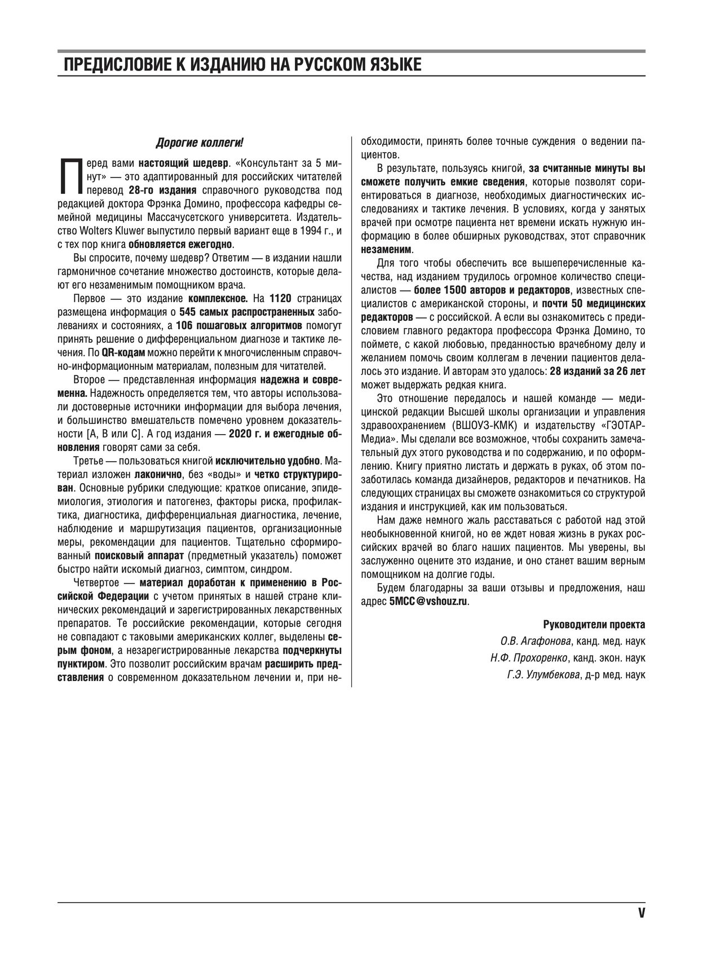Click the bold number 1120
[x=282, y=298]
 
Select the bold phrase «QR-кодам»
[x=123, y=352]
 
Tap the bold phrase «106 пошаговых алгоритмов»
[x=239, y=325]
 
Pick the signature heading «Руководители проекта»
[x=594, y=625]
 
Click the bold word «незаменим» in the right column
[x=386, y=249]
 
